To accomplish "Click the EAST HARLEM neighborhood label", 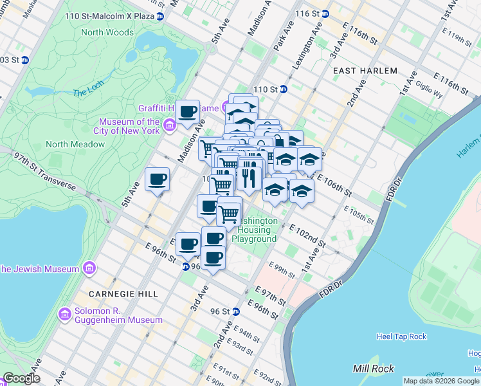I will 365,71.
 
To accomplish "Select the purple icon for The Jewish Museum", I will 89,268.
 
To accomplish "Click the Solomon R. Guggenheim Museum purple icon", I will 64,315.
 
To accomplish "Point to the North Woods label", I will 107,32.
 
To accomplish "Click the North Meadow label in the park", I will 75,144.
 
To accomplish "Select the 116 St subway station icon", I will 325,14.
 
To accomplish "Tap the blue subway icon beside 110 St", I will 283,89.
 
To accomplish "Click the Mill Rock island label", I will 370,369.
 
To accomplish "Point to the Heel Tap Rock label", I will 401,336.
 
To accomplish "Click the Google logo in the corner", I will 21,378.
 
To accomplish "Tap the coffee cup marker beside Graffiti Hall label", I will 188,112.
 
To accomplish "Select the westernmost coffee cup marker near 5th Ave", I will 157,179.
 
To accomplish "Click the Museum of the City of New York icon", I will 170,124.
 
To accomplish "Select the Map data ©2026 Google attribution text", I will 441,381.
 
